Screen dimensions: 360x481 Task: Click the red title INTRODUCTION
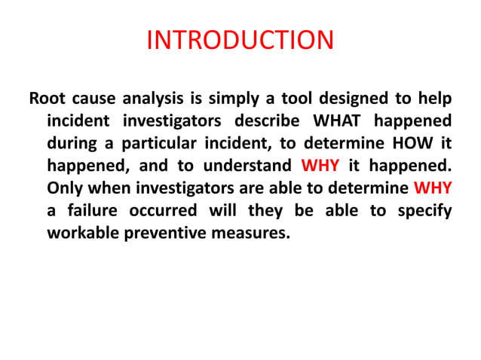[240, 39]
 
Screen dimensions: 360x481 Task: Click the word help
[434, 99]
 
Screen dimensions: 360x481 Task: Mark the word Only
[65, 188]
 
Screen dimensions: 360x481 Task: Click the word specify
[423, 210]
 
